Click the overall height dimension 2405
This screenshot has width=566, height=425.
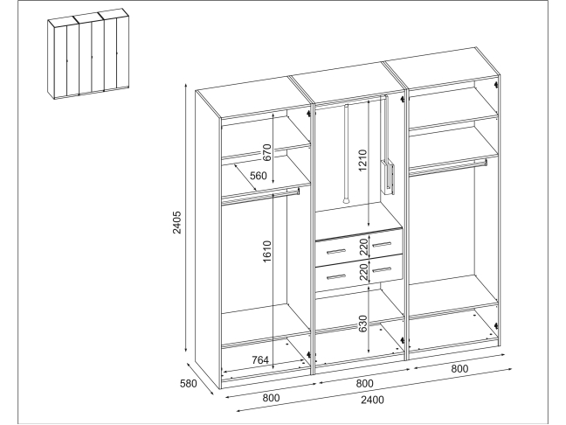pos(176,222)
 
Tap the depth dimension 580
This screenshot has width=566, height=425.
pos(189,383)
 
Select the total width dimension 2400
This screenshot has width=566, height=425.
pos(372,400)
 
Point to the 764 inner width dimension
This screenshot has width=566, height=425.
pos(260,360)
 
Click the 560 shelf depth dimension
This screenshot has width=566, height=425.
pos(259,176)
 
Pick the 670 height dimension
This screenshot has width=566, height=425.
pos(266,153)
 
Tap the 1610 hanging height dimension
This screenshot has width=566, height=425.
pos(266,252)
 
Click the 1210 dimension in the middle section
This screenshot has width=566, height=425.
pos(362,160)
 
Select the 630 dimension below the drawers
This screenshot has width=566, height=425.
pos(362,324)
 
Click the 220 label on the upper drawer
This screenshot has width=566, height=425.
pos(363,247)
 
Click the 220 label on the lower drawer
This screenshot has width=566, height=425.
pos(363,272)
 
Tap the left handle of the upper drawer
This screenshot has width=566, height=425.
pos(335,251)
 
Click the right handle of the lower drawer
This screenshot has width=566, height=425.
pos(382,270)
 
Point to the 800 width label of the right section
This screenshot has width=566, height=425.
pos(459,369)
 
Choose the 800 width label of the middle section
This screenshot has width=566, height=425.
pos(364,383)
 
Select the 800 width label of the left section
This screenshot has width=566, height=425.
pos(271,398)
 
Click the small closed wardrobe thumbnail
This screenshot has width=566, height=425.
pos(88,54)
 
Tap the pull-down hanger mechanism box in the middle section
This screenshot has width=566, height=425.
pos(387,178)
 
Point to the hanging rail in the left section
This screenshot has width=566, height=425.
pos(260,196)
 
